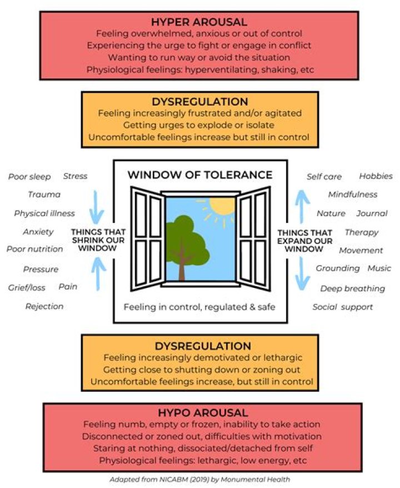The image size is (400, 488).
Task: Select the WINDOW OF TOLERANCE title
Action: (200, 175)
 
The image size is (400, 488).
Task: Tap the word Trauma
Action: (44, 195)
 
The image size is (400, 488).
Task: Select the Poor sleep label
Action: (29, 177)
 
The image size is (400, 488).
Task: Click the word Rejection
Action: (44, 306)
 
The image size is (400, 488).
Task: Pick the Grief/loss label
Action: (27, 287)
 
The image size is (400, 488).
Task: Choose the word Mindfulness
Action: (352, 195)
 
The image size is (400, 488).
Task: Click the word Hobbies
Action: (376, 176)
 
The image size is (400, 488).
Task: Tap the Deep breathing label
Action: (352, 288)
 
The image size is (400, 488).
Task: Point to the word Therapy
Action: (361, 232)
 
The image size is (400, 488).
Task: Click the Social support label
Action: (342, 307)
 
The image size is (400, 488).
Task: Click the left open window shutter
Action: (147, 240)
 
